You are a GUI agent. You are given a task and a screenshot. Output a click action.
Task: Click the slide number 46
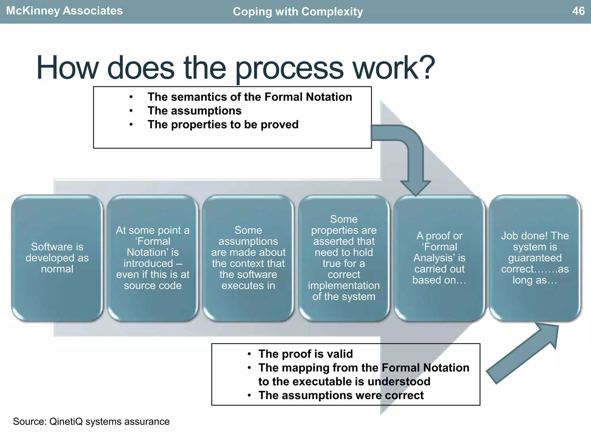point(578,11)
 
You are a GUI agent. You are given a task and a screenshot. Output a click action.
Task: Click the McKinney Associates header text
point(64,11)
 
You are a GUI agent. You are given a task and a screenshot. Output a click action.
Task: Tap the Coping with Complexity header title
point(298,12)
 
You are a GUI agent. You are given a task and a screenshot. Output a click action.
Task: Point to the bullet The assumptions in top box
point(194,111)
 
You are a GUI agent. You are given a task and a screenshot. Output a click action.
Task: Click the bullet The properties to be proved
point(223,125)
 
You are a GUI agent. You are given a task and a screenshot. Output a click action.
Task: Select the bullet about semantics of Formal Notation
point(250,97)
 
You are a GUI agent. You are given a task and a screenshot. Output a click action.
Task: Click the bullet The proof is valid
point(305,354)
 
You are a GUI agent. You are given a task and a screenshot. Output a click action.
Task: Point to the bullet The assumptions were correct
point(341,395)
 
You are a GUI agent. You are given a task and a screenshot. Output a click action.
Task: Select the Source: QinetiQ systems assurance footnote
point(91,422)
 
